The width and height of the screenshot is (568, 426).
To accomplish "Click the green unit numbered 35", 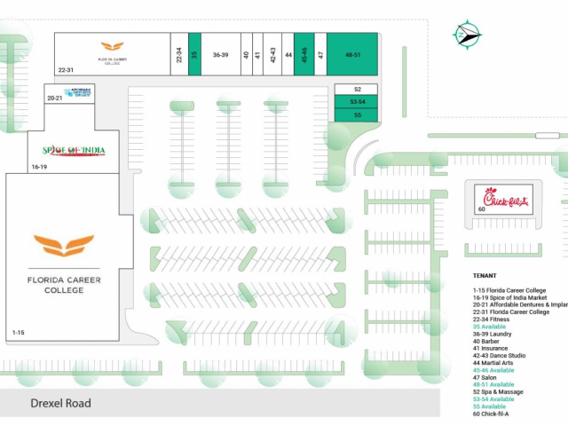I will (194, 55).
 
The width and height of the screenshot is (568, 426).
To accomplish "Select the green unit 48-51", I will (353, 55).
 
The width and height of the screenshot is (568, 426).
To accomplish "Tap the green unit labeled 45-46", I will (304, 55).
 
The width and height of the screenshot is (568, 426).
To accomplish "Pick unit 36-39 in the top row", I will (221, 55).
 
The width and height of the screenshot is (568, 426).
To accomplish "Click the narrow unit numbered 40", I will (246, 55).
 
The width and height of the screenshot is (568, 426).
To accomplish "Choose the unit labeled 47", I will (320, 55).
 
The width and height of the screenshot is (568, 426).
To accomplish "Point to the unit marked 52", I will (357, 90).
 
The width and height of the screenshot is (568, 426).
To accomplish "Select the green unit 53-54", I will (357, 102).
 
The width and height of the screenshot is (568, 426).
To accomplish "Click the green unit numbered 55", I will (357, 114).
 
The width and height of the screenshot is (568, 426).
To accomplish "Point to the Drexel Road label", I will (60, 404).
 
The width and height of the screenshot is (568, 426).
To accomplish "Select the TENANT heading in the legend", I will (485, 275).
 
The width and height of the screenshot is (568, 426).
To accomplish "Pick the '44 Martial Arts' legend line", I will (497, 362).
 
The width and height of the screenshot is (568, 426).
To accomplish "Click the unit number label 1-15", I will (19, 332).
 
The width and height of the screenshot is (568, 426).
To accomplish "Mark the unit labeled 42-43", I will (273, 55).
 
